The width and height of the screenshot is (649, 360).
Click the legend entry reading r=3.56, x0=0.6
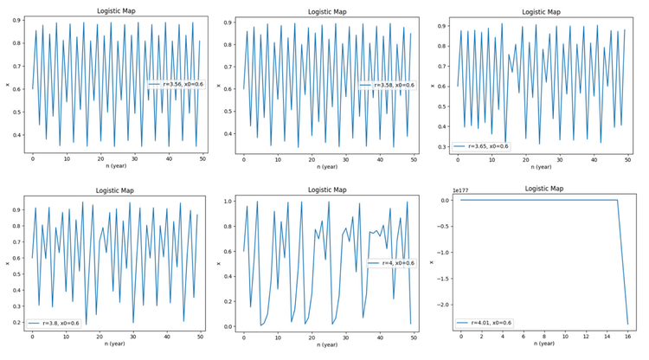(178, 83)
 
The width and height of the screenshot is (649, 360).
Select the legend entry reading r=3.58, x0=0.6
(391, 84)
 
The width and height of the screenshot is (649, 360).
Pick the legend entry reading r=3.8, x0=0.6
(59, 322)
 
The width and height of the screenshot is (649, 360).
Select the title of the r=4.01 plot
(543, 189)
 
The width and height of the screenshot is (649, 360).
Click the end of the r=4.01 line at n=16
(627, 324)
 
